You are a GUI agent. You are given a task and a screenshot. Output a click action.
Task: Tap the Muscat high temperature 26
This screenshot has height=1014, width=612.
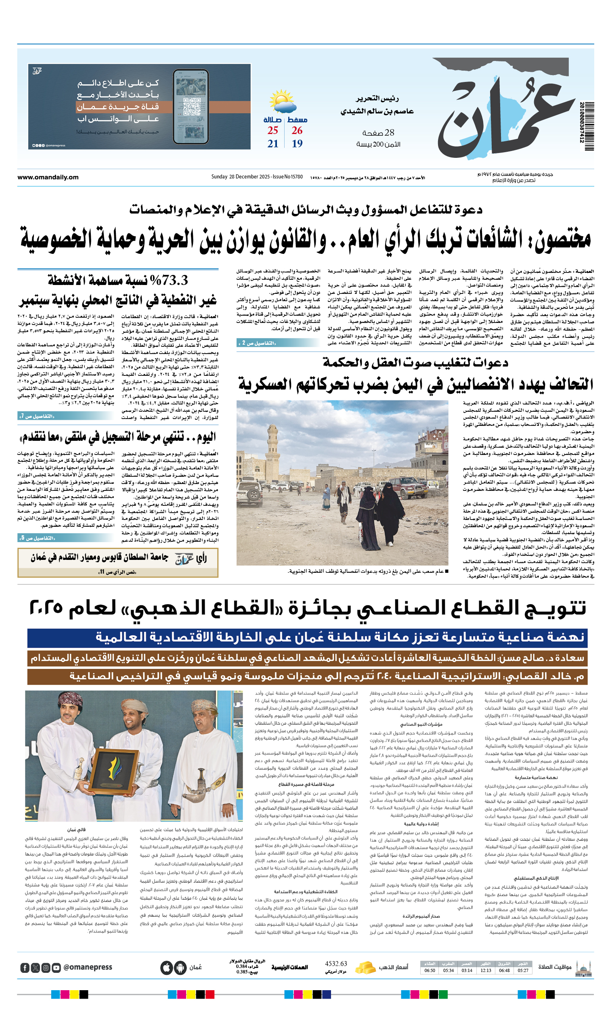coord(297,130)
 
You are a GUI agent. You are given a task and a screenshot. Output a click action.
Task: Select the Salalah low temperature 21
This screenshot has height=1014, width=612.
coord(273,144)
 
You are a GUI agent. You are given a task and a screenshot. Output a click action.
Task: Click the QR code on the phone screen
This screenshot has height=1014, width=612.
coord(191,106)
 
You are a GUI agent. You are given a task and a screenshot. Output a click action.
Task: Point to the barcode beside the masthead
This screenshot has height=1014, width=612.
coord(586,122)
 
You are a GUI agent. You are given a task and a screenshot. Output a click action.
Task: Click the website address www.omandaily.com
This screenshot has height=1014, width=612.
coord(48,177)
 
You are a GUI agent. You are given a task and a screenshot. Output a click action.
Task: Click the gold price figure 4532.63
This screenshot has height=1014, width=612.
coord(336,964)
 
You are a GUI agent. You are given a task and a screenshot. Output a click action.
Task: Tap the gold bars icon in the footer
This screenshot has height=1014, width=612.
coord(365,967)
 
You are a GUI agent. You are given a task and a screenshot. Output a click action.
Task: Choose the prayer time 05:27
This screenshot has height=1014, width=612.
coord(523,970)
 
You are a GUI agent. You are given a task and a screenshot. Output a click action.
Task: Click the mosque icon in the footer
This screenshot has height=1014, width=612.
coord(583,968)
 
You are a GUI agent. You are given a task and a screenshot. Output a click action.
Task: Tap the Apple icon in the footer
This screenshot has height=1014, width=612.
coord(166,968)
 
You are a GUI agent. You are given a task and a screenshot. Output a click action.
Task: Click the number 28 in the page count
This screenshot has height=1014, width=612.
coord(389,132)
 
